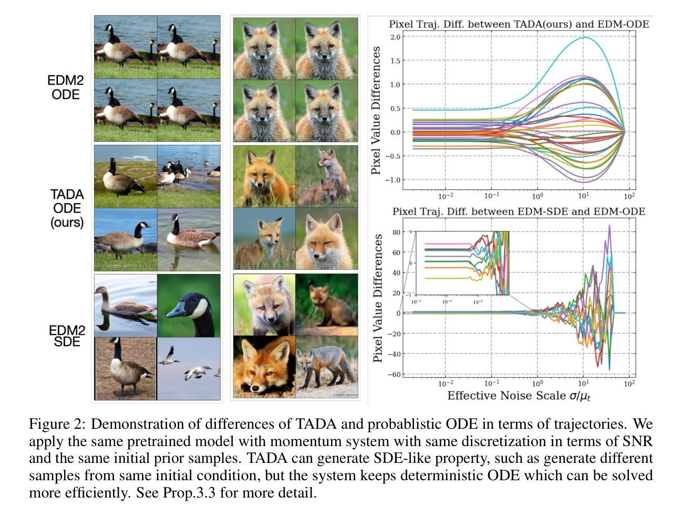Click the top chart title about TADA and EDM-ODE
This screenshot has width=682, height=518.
click(519, 24)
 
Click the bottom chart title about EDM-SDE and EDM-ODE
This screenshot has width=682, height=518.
click(519, 212)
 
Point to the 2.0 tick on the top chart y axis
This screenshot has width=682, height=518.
click(395, 37)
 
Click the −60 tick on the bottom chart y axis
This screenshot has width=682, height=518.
click(394, 374)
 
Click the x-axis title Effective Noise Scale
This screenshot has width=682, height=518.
click(519, 396)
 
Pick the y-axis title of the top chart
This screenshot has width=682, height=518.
click(376, 110)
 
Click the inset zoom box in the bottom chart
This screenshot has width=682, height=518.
click(462, 263)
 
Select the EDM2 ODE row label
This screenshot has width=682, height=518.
click(66, 88)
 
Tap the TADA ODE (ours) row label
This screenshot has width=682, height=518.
click(67, 208)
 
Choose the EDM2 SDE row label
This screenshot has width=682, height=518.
click(67, 336)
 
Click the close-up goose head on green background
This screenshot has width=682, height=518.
click(189, 305)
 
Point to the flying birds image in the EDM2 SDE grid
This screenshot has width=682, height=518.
click(189, 368)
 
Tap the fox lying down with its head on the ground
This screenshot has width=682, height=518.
click(264, 367)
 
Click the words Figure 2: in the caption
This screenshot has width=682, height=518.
click(57, 424)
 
